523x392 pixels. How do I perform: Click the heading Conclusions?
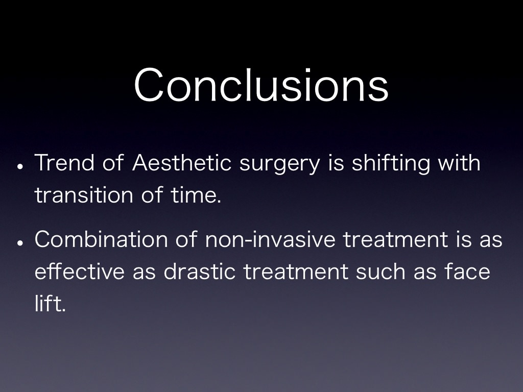[261, 85]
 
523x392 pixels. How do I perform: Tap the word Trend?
[64, 163]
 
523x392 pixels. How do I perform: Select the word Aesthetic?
[182, 163]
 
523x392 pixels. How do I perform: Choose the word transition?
[84, 194]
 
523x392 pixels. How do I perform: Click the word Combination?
[101, 239]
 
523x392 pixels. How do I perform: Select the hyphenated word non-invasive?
[271, 239]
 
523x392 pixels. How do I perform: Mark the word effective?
[80, 272]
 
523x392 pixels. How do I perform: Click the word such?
[381, 272]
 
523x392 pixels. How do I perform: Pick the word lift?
[50, 303]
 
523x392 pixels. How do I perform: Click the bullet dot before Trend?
[20, 166]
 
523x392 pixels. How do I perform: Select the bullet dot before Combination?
[20, 242]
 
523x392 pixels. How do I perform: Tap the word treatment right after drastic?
[296, 272]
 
